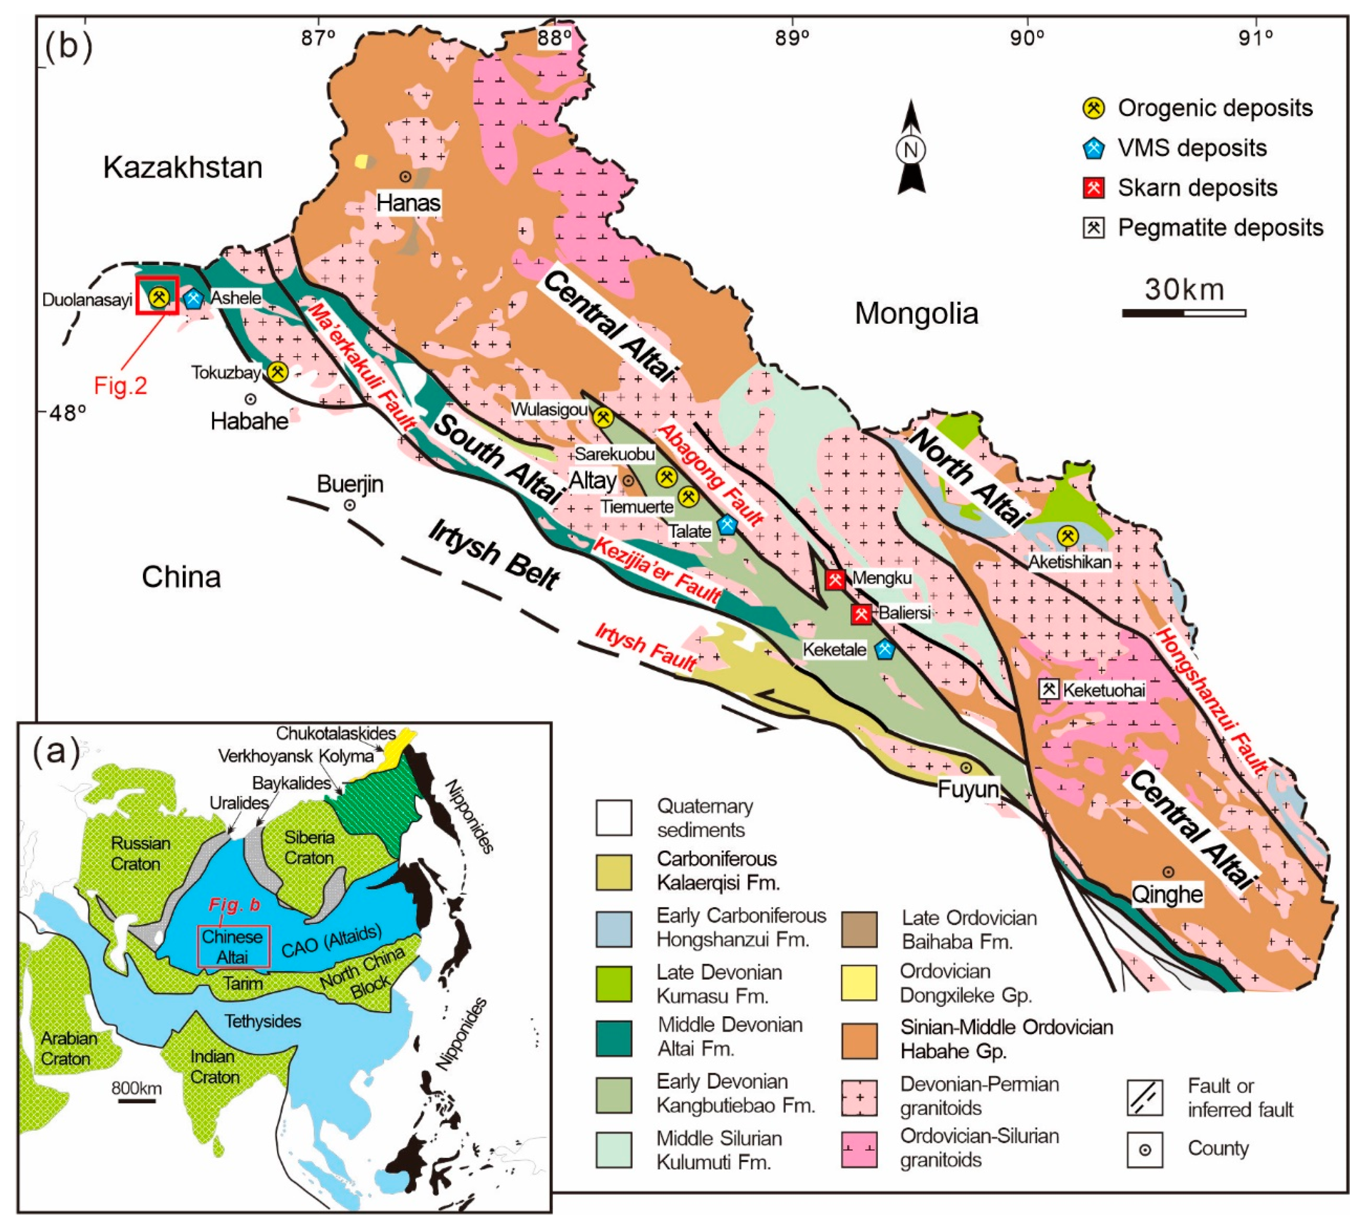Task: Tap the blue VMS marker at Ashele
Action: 194,299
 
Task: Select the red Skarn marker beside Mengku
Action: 835,579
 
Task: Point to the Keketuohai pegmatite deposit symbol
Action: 1049,689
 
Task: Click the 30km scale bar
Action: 1184,313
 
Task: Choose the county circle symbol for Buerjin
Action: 350,505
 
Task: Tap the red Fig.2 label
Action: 120,385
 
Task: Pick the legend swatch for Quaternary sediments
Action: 613,817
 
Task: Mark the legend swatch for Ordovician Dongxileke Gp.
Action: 859,982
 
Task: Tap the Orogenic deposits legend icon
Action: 1093,108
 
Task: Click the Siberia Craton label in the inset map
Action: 309,847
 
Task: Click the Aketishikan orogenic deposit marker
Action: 1068,536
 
